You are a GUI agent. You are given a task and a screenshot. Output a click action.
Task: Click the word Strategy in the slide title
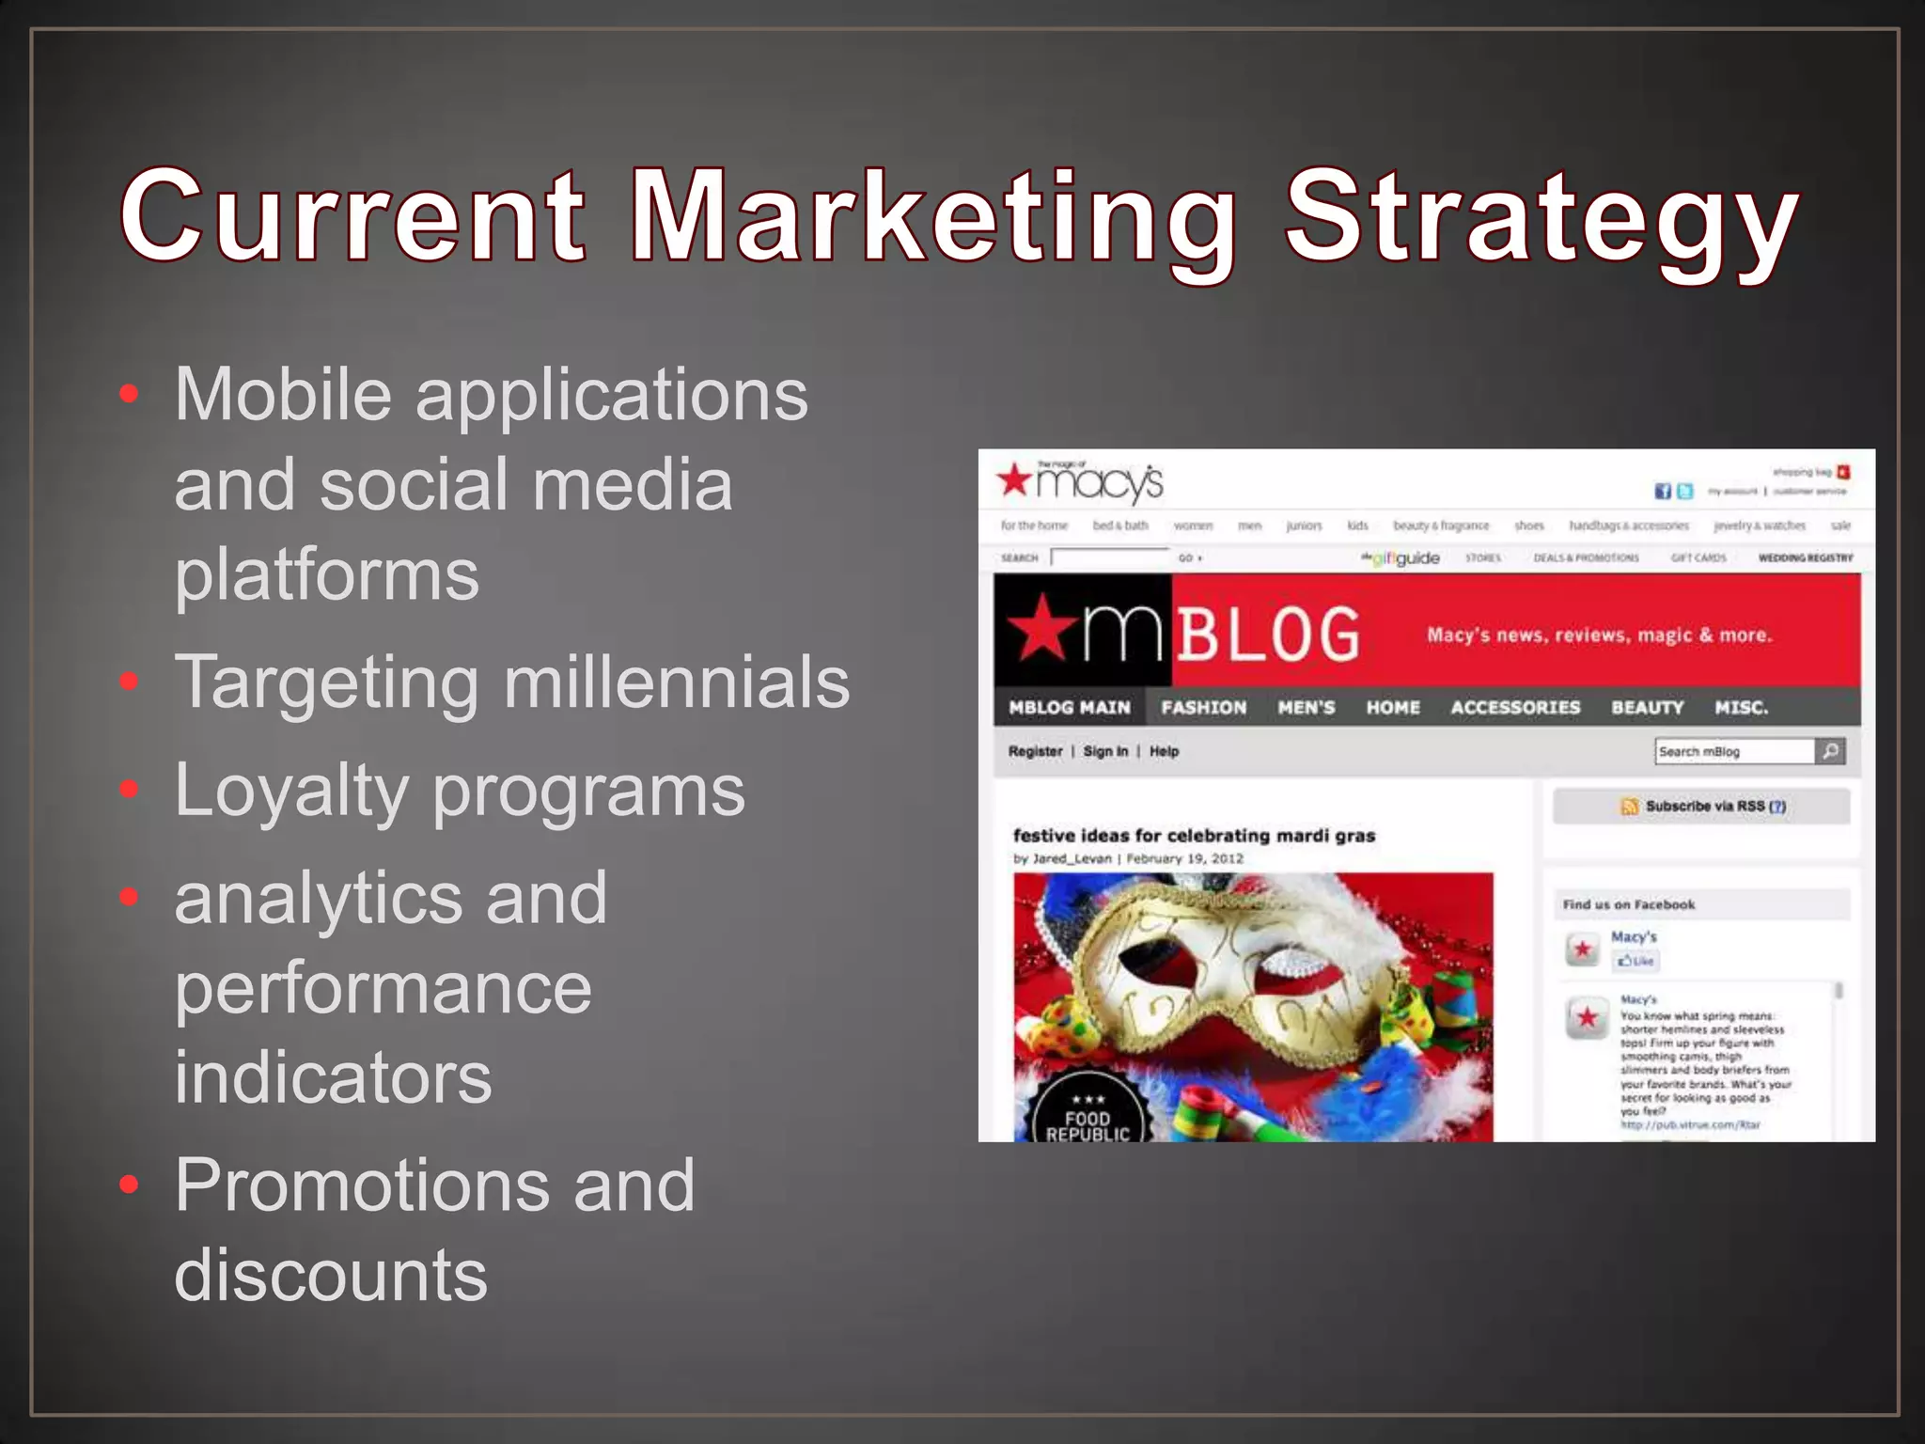coord(1542,218)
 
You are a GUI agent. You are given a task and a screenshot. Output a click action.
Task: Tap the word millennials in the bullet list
coord(677,682)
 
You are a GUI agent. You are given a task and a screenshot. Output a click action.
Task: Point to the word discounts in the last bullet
coord(331,1276)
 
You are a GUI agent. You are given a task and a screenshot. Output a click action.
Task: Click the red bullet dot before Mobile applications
coord(130,393)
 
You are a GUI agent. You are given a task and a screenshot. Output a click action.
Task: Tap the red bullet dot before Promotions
coord(130,1185)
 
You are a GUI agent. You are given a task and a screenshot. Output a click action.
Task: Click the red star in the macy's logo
coord(1015,479)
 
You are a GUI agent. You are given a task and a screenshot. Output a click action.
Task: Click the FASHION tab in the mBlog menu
coord(1204,707)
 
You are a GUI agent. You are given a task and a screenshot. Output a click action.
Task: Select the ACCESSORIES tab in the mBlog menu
coord(1515,707)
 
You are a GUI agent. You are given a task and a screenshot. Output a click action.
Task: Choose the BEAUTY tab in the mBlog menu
coord(1647,707)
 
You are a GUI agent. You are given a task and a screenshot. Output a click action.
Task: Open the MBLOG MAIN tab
coord(1070,707)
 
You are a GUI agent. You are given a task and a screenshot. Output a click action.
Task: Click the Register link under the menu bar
coord(1035,751)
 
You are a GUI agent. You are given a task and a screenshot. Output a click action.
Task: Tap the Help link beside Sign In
coord(1164,751)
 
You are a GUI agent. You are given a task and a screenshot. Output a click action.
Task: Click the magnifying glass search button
coord(1830,751)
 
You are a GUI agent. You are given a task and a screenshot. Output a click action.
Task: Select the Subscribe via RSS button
coord(1702,806)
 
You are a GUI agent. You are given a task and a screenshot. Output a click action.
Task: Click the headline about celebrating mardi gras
coord(1194,836)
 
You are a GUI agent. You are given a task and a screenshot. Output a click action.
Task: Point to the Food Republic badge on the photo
coord(1088,1114)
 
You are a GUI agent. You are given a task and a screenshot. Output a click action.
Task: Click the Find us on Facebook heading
coord(1629,904)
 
